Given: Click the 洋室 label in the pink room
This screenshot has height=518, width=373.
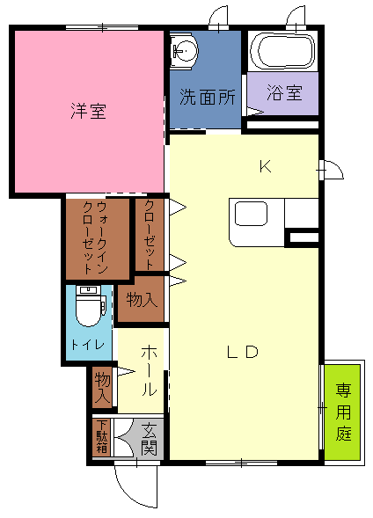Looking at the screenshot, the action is (x=89, y=111).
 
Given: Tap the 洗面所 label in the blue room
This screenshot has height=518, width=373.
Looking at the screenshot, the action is (x=207, y=97).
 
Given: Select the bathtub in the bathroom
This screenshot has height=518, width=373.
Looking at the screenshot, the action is (x=282, y=51).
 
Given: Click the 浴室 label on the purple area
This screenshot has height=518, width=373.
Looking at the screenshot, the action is (x=284, y=93).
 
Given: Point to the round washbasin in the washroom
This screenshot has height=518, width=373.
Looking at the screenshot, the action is (x=184, y=51).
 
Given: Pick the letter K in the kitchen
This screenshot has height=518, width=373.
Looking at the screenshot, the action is (x=266, y=166).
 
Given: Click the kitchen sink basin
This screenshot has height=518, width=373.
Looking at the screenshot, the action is (x=251, y=214).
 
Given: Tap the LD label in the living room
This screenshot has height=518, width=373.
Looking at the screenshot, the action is (x=243, y=352).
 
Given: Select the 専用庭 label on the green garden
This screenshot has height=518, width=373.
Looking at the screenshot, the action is (x=343, y=412).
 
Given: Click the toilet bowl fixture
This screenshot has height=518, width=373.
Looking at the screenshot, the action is (x=89, y=306).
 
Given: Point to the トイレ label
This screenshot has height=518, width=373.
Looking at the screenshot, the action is (x=88, y=345).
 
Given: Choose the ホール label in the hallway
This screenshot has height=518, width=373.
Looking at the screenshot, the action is (x=149, y=370).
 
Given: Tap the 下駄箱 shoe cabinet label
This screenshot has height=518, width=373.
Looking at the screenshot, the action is (x=102, y=436).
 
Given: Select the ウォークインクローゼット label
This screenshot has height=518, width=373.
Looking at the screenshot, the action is (x=95, y=237).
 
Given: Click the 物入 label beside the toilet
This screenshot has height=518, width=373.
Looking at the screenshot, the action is (x=142, y=300).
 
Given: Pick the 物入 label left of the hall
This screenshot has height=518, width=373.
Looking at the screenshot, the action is (x=102, y=387).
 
